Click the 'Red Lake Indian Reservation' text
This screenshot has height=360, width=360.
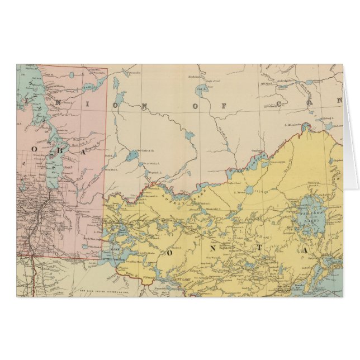[101, 297]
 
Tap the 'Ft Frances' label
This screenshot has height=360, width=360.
[148, 278]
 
